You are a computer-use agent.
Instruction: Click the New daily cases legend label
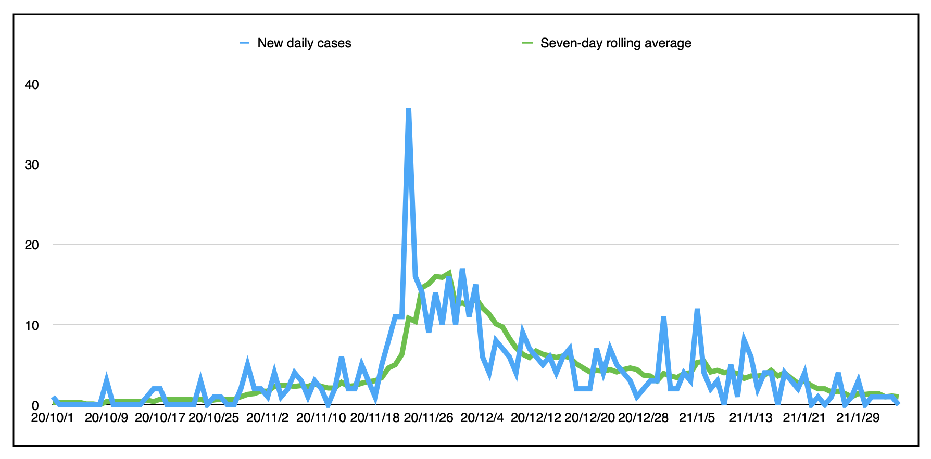click(304, 43)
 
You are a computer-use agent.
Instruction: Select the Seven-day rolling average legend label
click(615, 43)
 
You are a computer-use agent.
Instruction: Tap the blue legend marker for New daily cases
click(245, 43)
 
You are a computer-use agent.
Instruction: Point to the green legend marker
click(527, 43)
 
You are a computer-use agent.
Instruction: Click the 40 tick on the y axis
click(32, 84)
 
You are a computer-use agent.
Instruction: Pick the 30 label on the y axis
click(32, 164)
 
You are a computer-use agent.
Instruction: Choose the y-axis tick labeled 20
click(32, 245)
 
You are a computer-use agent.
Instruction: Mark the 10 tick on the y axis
click(32, 325)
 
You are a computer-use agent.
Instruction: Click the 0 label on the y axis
click(35, 405)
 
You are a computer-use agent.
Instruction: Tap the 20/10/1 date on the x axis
click(52, 418)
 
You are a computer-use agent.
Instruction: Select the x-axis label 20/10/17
click(160, 418)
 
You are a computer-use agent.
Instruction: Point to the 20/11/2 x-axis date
click(267, 418)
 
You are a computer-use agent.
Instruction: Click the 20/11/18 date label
click(374, 418)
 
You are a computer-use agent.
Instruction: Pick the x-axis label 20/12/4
click(482, 418)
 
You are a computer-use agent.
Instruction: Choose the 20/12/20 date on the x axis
click(589, 418)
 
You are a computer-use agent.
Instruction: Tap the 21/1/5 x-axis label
click(697, 418)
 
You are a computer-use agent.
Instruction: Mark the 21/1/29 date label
click(858, 418)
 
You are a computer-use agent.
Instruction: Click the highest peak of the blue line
click(409, 110)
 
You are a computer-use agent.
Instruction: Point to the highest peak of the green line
click(449, 273)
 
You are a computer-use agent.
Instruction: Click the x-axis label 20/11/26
click(429, 418)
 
